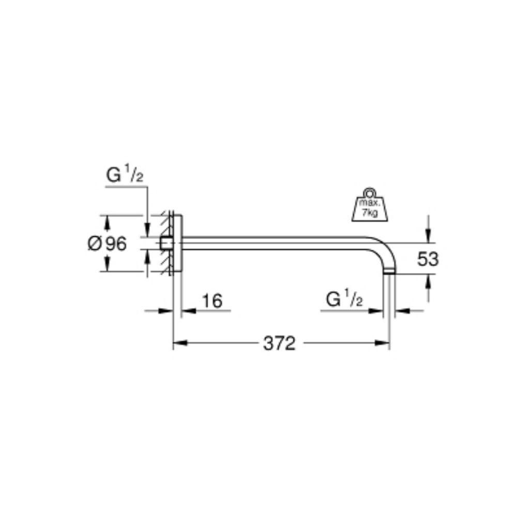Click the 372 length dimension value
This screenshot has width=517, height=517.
coord(279,344)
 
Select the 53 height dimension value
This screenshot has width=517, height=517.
coord(428,259)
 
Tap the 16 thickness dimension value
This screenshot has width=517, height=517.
coord(212,301)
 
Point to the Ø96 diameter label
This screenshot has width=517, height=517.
coord(107,244)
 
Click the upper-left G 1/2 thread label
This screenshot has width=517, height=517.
coord(125,175)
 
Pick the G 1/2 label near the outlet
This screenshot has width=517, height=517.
coord(344,299)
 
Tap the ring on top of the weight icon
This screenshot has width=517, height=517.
coord(370,192)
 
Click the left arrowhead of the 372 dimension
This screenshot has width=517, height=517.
coord(180,343)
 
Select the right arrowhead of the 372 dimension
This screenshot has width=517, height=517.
coord(383,343)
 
